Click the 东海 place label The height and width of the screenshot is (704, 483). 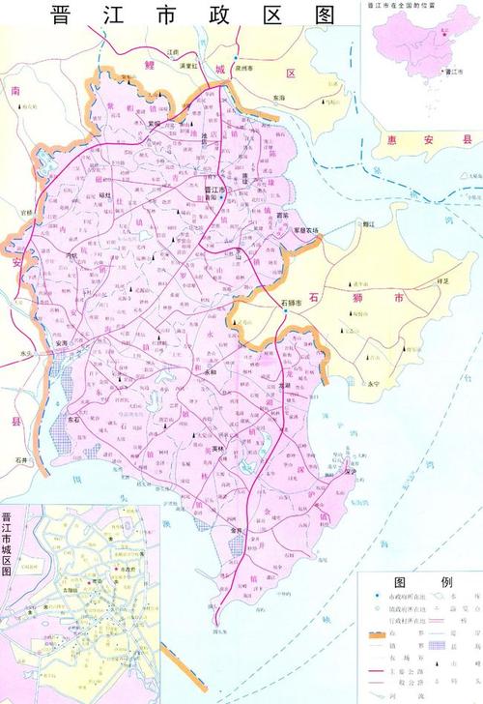coord(279,98)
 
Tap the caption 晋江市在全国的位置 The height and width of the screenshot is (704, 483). coord(405,5)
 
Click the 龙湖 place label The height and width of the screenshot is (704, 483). coord(282,384)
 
